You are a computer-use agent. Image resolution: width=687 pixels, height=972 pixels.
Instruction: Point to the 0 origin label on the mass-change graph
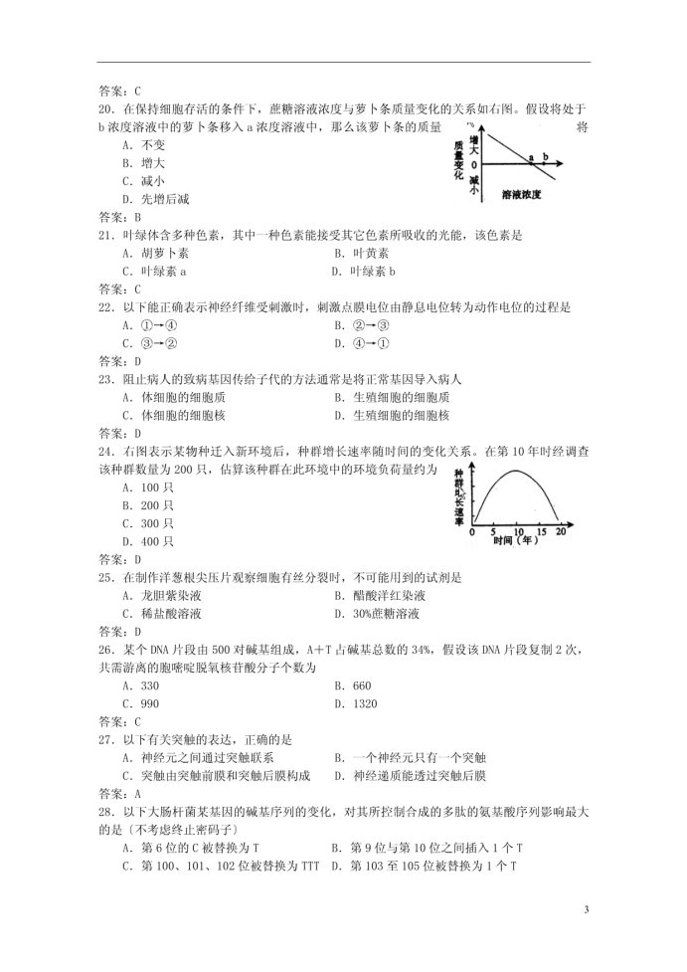tap(474, 165)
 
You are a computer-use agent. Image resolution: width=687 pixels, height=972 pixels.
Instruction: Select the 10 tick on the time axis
tap(519, 532)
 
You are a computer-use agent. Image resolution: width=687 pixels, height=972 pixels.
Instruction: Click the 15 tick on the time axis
tap(540, 532)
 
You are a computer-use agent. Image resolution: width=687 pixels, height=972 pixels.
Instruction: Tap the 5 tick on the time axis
tap(495, 532)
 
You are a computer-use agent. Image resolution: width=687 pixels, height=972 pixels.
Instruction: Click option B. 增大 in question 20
tap(143, 162)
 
